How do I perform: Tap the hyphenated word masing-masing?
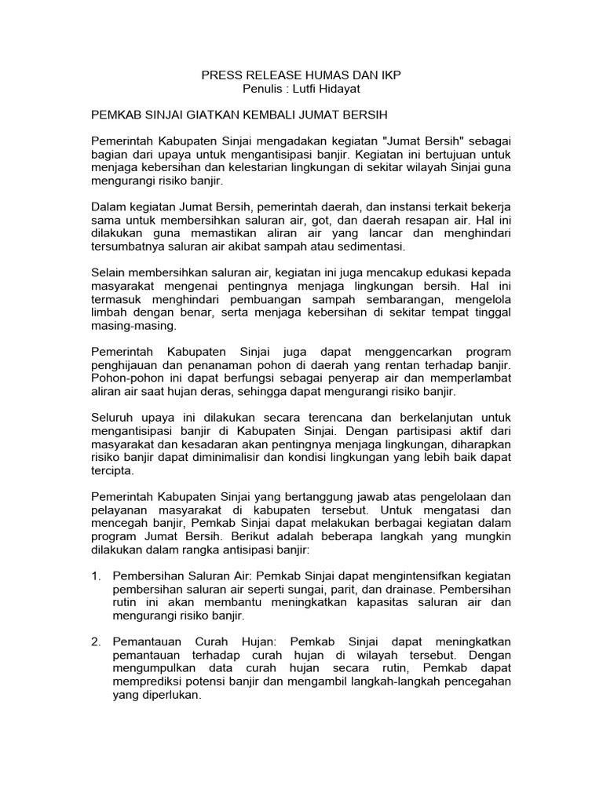tap(134, 326)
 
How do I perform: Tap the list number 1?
tap(97, 577)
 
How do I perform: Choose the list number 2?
tap(97, 641)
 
